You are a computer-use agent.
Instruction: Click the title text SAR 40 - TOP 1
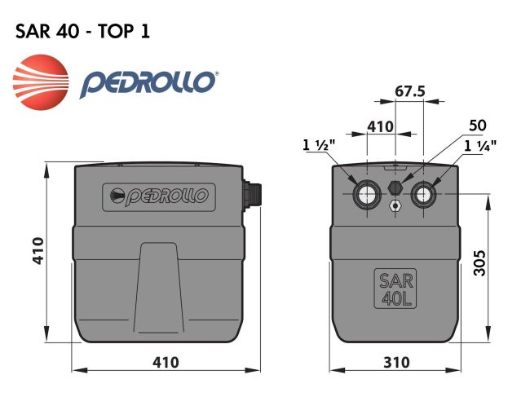[81, 31]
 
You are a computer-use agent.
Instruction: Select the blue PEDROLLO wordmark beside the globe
[149, 83]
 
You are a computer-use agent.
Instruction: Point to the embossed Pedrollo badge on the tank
[159, 196]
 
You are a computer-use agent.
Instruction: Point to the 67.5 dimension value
[410, 92]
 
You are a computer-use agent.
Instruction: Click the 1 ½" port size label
[316, 146]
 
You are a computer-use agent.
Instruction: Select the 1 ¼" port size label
[481, 146]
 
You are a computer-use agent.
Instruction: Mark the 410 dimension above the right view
[380, 127]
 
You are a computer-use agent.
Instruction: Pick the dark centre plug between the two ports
[395, 187]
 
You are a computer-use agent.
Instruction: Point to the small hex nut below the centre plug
[395, 206]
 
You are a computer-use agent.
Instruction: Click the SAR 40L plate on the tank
[395, 288]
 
